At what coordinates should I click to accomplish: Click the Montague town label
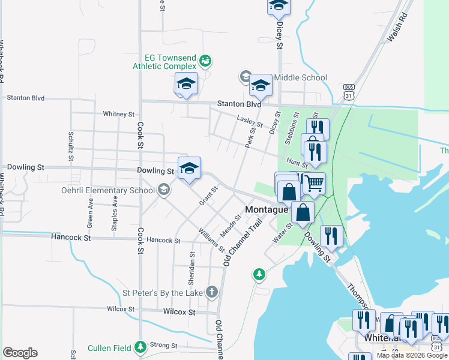coord(267,209)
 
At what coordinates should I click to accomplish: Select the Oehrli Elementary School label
coord(108,191)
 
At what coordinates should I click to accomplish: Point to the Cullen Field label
coord(109,347)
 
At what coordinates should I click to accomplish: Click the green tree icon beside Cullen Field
coord(140,347)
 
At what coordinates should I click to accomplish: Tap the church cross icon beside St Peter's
coord(211,292)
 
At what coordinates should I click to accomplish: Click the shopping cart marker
coord(313,183)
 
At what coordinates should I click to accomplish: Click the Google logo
coord(20,353)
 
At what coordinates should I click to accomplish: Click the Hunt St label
coord(297,162)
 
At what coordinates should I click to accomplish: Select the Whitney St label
coord(118,114)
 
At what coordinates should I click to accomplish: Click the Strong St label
coord(164,346)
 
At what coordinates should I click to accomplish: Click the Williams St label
coord(212,240)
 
